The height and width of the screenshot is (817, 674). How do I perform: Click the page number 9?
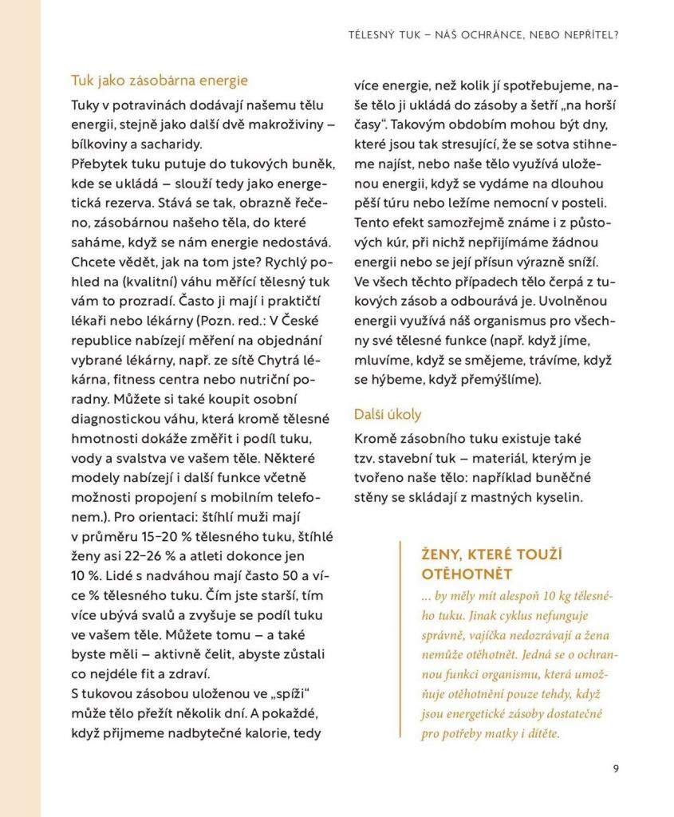tap(616, 769)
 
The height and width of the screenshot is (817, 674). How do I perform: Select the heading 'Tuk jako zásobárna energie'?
tap(160, 81)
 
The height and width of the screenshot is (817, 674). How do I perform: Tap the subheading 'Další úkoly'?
tap(388, 415)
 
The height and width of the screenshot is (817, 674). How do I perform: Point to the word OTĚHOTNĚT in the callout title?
tap(466, 574)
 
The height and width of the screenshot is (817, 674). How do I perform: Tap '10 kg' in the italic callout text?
tap(531, 595)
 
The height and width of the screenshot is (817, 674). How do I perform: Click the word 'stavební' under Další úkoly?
tap(408, 459)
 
